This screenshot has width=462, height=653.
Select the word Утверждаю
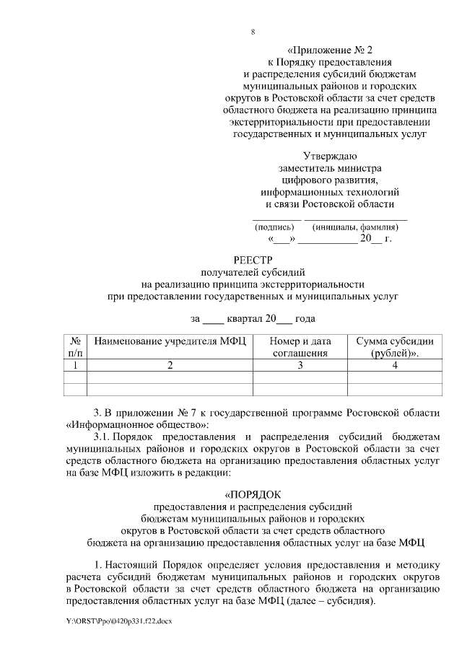click(x=329, y=155)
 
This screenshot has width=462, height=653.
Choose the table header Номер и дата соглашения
click(x=300, y=347)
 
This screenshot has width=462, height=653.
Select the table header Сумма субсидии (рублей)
click(x=395, y=347)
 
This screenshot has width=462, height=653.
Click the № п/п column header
click(x=75, y=347)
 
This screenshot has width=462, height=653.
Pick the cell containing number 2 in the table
click(x=170, y=365)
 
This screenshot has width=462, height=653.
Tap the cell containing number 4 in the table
click(x=395, y=365)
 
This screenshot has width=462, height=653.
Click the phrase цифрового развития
click(x=329, y=180)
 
